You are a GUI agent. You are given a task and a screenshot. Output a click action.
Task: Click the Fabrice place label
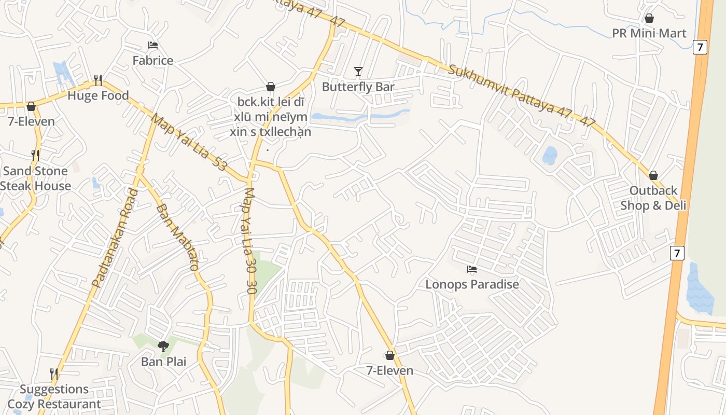click(x=153, y=60)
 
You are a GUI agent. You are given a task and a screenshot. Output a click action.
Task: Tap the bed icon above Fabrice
click(x=153, y=45)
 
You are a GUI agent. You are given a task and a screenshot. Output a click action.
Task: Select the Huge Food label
click(x=98, y=96)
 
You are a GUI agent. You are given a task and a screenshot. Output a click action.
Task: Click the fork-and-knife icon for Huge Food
click(x=98, y=80)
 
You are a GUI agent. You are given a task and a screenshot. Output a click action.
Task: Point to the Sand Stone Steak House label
click(x=35, y=178)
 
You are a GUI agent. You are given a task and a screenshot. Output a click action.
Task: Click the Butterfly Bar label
click(x=358, y=87)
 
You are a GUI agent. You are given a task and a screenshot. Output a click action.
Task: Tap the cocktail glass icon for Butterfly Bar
click(x=358, y=71)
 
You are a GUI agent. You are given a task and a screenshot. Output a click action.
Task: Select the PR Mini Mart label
click(x=649, y=33)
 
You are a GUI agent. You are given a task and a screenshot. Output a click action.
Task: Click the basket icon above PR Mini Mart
click(x=649, y=19)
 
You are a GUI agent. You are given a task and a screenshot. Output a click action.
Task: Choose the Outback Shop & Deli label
click(x=653, y=198)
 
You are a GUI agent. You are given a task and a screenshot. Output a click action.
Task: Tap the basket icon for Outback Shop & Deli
click(x=653, y=175)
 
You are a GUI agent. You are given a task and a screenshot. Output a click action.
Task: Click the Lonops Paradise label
click(x=472, y=284)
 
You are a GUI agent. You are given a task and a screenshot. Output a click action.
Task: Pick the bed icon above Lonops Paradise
click(x=472, y=269)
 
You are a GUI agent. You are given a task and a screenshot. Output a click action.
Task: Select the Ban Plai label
click(x=163, y=362)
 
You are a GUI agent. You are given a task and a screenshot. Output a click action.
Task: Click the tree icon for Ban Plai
click(x=163, y=346)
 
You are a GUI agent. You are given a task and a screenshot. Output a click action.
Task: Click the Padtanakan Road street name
click(x=115, y=238)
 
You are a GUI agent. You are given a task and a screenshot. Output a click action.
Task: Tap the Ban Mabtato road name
click(x=177, y=238)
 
